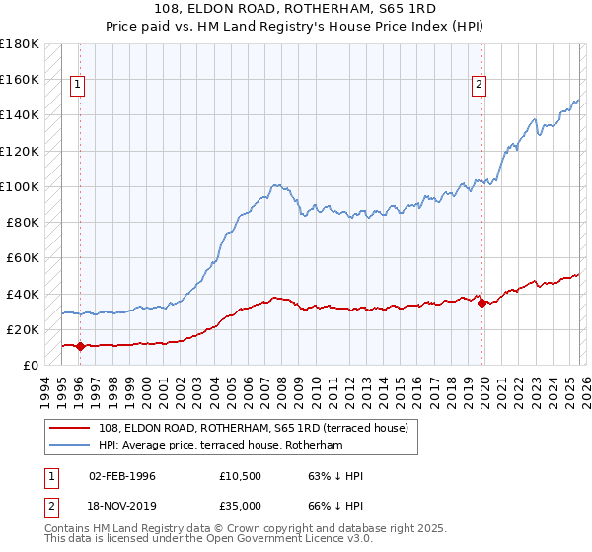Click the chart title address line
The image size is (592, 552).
(x=295, y=9)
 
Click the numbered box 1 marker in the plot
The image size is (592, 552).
(x=78, y=86)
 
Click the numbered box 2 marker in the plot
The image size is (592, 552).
(x=479, y=86)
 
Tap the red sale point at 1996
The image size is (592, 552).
(x=80, y=346)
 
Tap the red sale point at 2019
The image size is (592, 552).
(x=481, y=303)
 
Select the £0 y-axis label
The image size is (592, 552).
(x=30, y=366)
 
